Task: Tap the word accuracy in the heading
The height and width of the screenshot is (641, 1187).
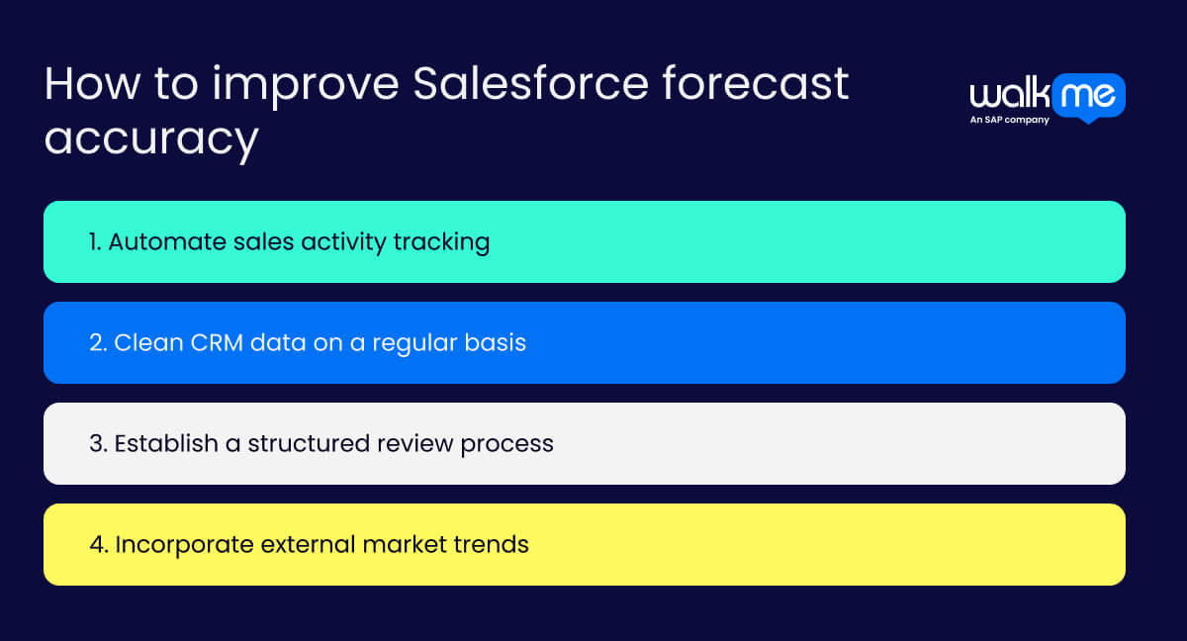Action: [x=150, y=139]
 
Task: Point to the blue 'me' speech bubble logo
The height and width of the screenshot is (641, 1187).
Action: [x=1088, y=97]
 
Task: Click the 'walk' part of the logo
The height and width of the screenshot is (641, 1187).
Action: [x=1009, y=96]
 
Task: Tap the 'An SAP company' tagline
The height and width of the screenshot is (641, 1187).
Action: [x=1009, y=120]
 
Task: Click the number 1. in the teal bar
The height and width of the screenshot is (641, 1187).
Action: [x=96, y=241]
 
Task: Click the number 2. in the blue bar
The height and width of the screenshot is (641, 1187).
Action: [x=97, y=342]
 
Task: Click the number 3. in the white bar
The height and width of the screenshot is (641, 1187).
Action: [x=97, y=443]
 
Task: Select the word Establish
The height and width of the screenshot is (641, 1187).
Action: [x=165, y=443]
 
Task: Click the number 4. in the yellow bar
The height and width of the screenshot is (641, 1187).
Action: [x=98, y=544]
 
